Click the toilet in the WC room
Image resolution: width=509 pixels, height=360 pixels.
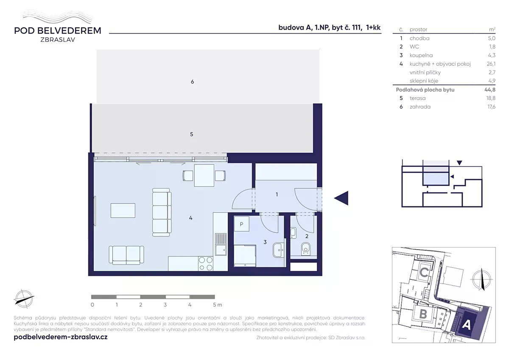pyautogui.click(x=306, y=249)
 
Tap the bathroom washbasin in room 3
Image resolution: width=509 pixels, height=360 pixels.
pyautogui.click(x=278, y=250)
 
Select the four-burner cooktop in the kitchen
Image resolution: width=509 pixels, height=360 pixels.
pyautogui.click(x=206, y=264)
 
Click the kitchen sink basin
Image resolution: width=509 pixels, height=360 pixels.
pyautogui.click(x=221, y=250)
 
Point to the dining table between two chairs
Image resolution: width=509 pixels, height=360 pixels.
pyautogui.click(x=204, y=176)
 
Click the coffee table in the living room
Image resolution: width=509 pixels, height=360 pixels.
pyautogui.click(x=123, y=211)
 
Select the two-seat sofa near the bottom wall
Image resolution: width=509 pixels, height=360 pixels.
pyautogui.click(x=126, y=255)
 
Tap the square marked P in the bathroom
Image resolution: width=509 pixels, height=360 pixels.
pyautogui.click(x=241, y=224)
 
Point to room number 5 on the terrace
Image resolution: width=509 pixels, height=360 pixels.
pyautogui.click(x=192, y=135)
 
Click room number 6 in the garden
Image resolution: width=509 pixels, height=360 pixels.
pyautogui.click(x=192, y=82)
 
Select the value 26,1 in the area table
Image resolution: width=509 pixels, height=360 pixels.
pyautogui.click(x=491, y=64)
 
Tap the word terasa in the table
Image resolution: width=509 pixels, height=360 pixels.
pyautogui.click(x=417, y=98)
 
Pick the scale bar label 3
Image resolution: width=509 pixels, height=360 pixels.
pyautogui.click(x=165, y=305)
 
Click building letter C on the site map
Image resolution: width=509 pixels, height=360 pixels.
pyautogui.click(x=424, y=273)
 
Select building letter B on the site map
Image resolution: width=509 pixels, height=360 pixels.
pyautogui.click(x=423, y=314)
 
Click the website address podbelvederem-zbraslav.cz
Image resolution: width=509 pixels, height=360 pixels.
pyautogui.click(x=61, y=337)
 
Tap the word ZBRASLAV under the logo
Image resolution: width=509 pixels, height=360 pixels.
pyautogui.click(x=58, y=39)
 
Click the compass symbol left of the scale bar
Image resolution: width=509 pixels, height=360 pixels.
pyautogui.click(x=24, y=299)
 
